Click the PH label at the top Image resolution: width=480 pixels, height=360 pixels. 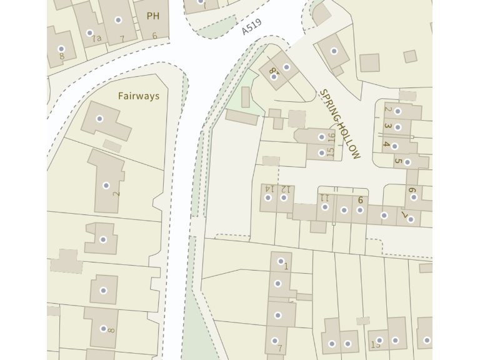click(x=152, y=16)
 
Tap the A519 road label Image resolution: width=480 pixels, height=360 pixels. click(x=251, y=27)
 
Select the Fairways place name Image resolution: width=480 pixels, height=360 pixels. click(x=139, y=96)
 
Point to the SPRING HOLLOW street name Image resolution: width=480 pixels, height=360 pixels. click(x=340, y=124)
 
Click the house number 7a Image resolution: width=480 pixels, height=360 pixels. click(x=96, y=39)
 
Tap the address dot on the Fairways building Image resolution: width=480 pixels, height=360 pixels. click(x=99, y=119)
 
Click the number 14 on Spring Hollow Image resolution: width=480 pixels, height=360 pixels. click(x=269, y=188)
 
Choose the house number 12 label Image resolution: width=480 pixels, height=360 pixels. click(x=285, y=188)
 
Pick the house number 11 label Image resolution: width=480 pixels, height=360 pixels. click(x=324, y=197)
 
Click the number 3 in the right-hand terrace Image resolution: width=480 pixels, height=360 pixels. click(x=387, y=126)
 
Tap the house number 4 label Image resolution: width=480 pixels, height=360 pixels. click(x=387, y=145)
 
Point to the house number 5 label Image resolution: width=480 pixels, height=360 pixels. click(x=397, y=161)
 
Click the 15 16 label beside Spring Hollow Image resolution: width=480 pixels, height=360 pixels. click(x=331, y=144)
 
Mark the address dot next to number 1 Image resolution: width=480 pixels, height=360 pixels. click(x=281, y=261)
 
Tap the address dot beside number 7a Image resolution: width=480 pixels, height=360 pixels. click(x=89, y=32)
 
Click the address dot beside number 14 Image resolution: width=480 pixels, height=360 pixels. click(x=268, y=197)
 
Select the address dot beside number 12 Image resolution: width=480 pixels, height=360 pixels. click(x=284, y=197)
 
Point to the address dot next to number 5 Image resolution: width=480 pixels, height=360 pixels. click(x=407, y=162)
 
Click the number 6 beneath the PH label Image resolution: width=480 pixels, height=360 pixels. click(x=154, y=36)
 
